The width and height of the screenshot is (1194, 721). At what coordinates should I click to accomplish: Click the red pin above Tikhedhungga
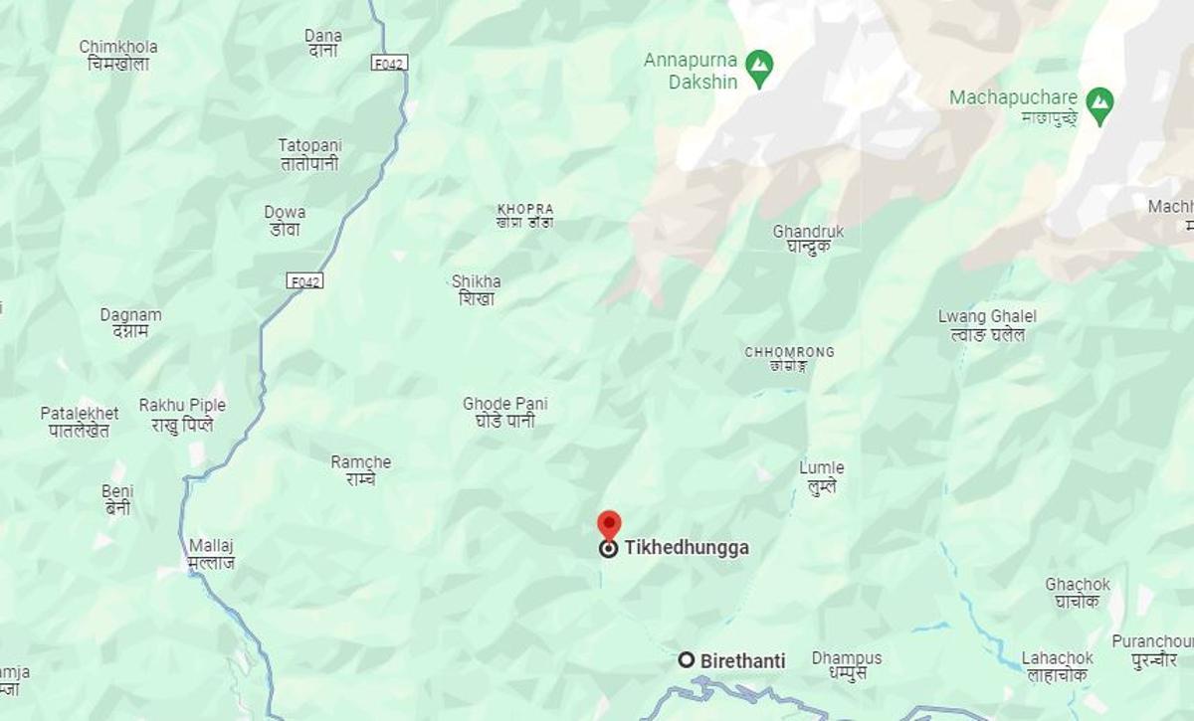tap(608, 524)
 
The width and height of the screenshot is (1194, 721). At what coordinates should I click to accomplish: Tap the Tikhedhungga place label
tap(687, 548)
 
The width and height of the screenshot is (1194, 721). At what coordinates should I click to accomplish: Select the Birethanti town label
tap(742, 660)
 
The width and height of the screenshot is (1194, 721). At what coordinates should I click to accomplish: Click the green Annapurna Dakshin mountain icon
tap(759, 69)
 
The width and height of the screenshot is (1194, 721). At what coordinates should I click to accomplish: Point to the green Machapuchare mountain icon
tap(1099, 102)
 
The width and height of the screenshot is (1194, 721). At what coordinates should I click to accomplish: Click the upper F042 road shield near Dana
tap(390, 63)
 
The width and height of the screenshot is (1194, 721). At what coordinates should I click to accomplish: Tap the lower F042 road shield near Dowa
tap(305, 281)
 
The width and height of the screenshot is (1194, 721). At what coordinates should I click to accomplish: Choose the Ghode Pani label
tap(505, 412)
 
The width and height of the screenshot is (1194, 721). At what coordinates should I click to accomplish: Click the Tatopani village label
tap(309, 154)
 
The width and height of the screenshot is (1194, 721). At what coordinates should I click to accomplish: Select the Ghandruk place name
tap(808, 239)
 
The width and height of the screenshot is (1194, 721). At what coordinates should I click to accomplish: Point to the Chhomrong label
tap(789, 358)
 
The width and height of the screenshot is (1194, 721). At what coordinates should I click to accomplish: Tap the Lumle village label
tap(822, 476)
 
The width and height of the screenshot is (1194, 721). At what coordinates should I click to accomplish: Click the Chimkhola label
tap(118, 55)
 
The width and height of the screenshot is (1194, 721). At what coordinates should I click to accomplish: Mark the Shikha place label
tap(477, 289)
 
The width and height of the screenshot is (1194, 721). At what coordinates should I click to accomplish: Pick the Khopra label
tap(525, 216)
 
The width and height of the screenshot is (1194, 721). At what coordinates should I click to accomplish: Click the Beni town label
tap(117, 499)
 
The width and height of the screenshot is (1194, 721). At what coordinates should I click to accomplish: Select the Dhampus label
tap(847, 665)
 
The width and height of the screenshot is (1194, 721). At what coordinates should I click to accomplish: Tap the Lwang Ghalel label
tap(987, 325)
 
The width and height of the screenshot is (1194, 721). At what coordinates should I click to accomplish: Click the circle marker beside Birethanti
tap(686, 659)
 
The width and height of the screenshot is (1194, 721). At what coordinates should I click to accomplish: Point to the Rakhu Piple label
tap(182, 414)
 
